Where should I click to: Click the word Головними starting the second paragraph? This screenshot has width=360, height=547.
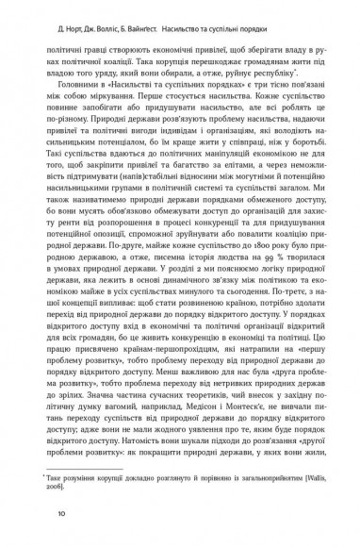click(94, 86)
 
